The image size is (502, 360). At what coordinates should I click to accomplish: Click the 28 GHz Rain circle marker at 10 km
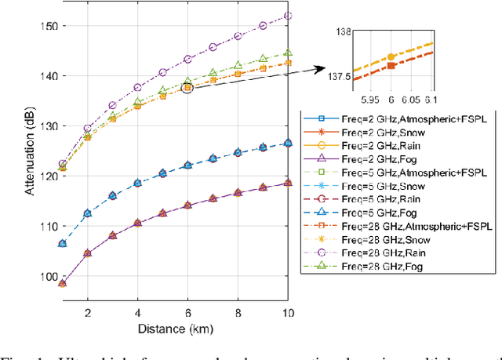pyautogui.click(x=288, y=16)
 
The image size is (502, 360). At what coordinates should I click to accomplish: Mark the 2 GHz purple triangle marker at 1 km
pyautogui.click(x=63, y=282)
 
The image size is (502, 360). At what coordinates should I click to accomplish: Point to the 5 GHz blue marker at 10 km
pyautogui.click(x=288, y=143)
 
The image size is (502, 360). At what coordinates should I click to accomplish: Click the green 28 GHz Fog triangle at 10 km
pyautogui.click(x=288, y=53)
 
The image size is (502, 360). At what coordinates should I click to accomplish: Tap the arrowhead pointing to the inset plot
pyautogui.click(x=324, y=69)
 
